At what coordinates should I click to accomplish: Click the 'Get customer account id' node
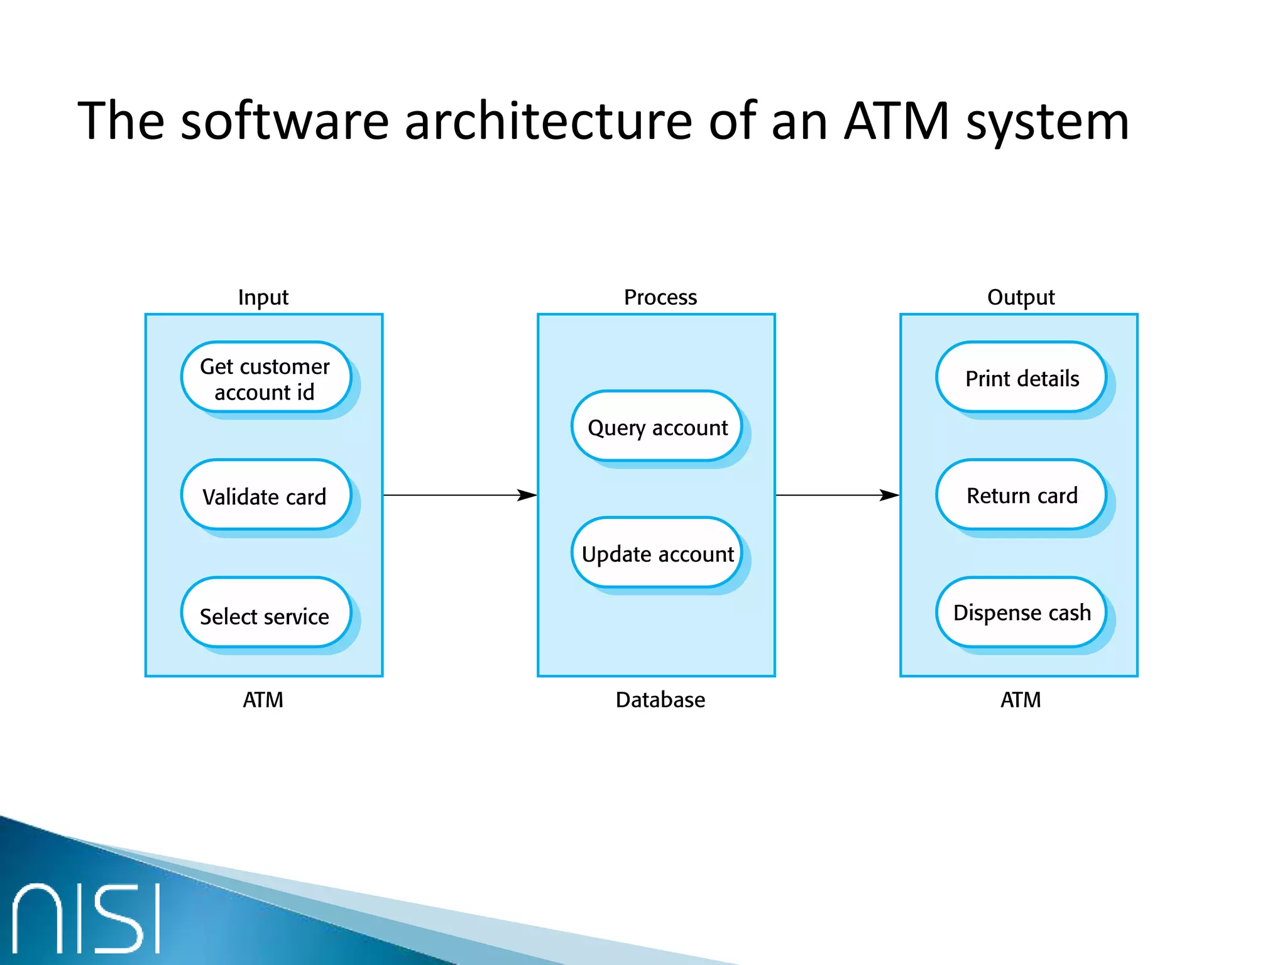[265, 378]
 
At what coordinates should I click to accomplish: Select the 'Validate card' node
[265, 496]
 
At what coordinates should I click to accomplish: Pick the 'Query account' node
[657, 427]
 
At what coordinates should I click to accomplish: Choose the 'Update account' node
[657, 553]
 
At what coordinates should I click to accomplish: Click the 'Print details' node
[1021, 378]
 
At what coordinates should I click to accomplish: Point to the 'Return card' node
[1021, 495]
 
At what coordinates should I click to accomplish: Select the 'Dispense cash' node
[1021, 613]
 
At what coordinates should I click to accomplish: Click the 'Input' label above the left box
[263, 297]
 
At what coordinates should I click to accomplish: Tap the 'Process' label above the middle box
[660, 297]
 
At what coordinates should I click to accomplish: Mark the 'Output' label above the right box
[1021, 297]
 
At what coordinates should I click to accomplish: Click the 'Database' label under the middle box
[660, 699]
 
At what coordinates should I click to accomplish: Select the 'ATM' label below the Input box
[263, 699]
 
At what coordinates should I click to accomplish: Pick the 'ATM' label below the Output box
[1021, 699]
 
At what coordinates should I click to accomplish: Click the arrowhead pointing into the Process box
[528, 495]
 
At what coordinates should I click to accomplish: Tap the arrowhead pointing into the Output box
[890, 495]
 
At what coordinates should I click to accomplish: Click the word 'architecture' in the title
[548, 121]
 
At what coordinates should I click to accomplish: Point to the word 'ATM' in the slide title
[896, 121]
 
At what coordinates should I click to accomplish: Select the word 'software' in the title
[285, 121]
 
